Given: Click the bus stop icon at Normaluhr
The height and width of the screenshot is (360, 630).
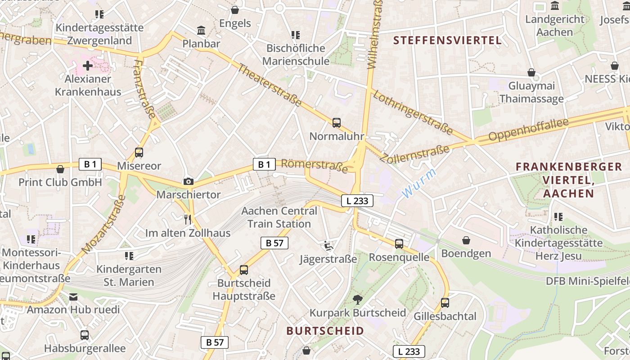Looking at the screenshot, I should (336, 122).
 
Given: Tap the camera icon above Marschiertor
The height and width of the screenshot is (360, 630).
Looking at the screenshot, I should (189, 181).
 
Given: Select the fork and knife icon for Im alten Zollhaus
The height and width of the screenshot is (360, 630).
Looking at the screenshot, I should (188, 219).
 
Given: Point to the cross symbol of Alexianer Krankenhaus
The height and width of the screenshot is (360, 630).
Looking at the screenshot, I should (88, 66).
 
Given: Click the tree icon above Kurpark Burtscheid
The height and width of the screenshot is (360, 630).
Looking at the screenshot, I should (358, 299).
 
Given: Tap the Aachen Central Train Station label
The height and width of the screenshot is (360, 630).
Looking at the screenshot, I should (279, 217).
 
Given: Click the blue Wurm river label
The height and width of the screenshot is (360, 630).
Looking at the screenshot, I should (418, 183).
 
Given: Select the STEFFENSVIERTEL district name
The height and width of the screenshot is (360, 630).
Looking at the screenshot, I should (447, 40).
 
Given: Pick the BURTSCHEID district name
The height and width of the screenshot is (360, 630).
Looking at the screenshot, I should (325, 331).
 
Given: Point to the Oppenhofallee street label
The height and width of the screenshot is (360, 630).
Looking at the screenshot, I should (528, 130).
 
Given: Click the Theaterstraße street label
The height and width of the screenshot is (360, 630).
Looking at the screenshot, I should (269, 85).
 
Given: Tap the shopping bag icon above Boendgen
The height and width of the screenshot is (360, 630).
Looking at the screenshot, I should (466, 240).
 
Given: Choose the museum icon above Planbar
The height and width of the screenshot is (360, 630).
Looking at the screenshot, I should (201, 31).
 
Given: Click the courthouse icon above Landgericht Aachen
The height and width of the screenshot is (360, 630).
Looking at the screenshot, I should (554, 6).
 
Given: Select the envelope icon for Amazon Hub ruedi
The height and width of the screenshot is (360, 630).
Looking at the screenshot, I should (73, 297).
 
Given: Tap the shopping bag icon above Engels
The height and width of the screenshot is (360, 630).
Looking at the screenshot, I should (235, 10).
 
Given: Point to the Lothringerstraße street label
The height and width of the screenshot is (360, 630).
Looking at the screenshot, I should (413, 112).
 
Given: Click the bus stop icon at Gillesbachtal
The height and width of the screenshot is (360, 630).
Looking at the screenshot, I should (445, 303).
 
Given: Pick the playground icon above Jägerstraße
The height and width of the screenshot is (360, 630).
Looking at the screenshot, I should (328, 246).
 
